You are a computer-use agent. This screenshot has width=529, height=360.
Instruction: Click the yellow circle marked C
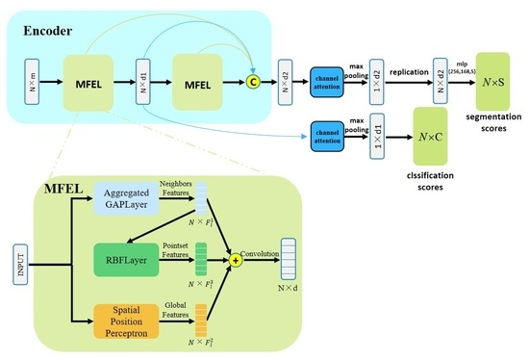click(254, 80)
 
